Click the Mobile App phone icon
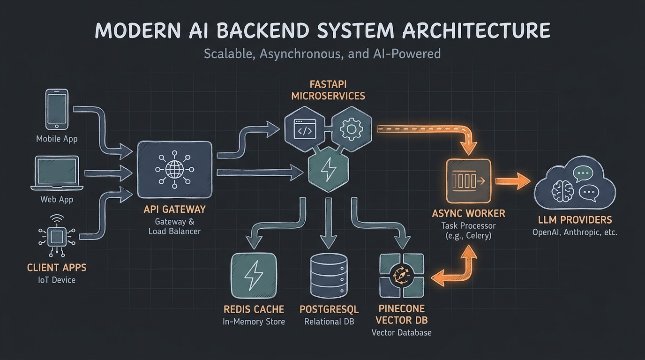(57, 109)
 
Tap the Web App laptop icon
(57, 173)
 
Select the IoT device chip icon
(57, 237)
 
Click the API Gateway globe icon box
(174, 169)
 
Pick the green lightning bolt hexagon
(328, 170)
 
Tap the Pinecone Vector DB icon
(401, 276)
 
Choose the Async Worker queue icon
(468, 180)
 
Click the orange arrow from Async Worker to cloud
(512, 180)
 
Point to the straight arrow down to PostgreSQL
(328, 223)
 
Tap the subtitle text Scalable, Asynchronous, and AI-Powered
(322, 53)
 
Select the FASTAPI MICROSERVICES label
(328, 90)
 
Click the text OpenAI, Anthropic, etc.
(575, 232)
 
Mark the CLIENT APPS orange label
(57, 268)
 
